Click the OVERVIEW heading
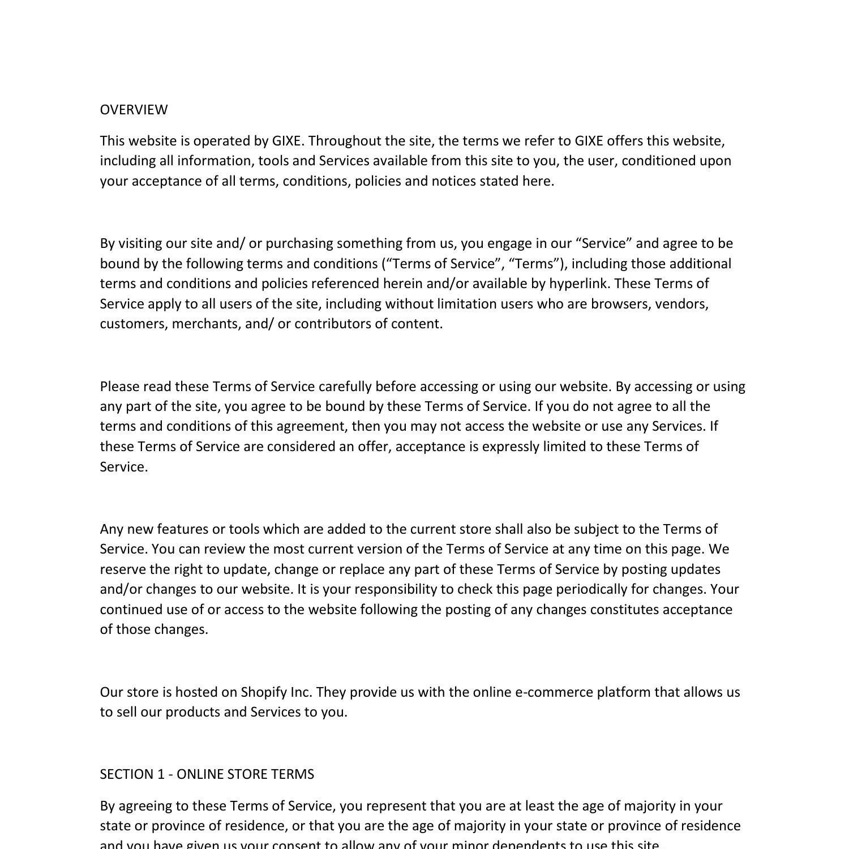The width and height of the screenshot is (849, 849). click(134, 110)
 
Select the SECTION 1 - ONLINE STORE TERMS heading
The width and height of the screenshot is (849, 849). click(207, 774)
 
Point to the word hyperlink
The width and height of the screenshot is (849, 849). click(578, 284)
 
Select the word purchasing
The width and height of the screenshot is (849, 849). click(299, 243)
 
